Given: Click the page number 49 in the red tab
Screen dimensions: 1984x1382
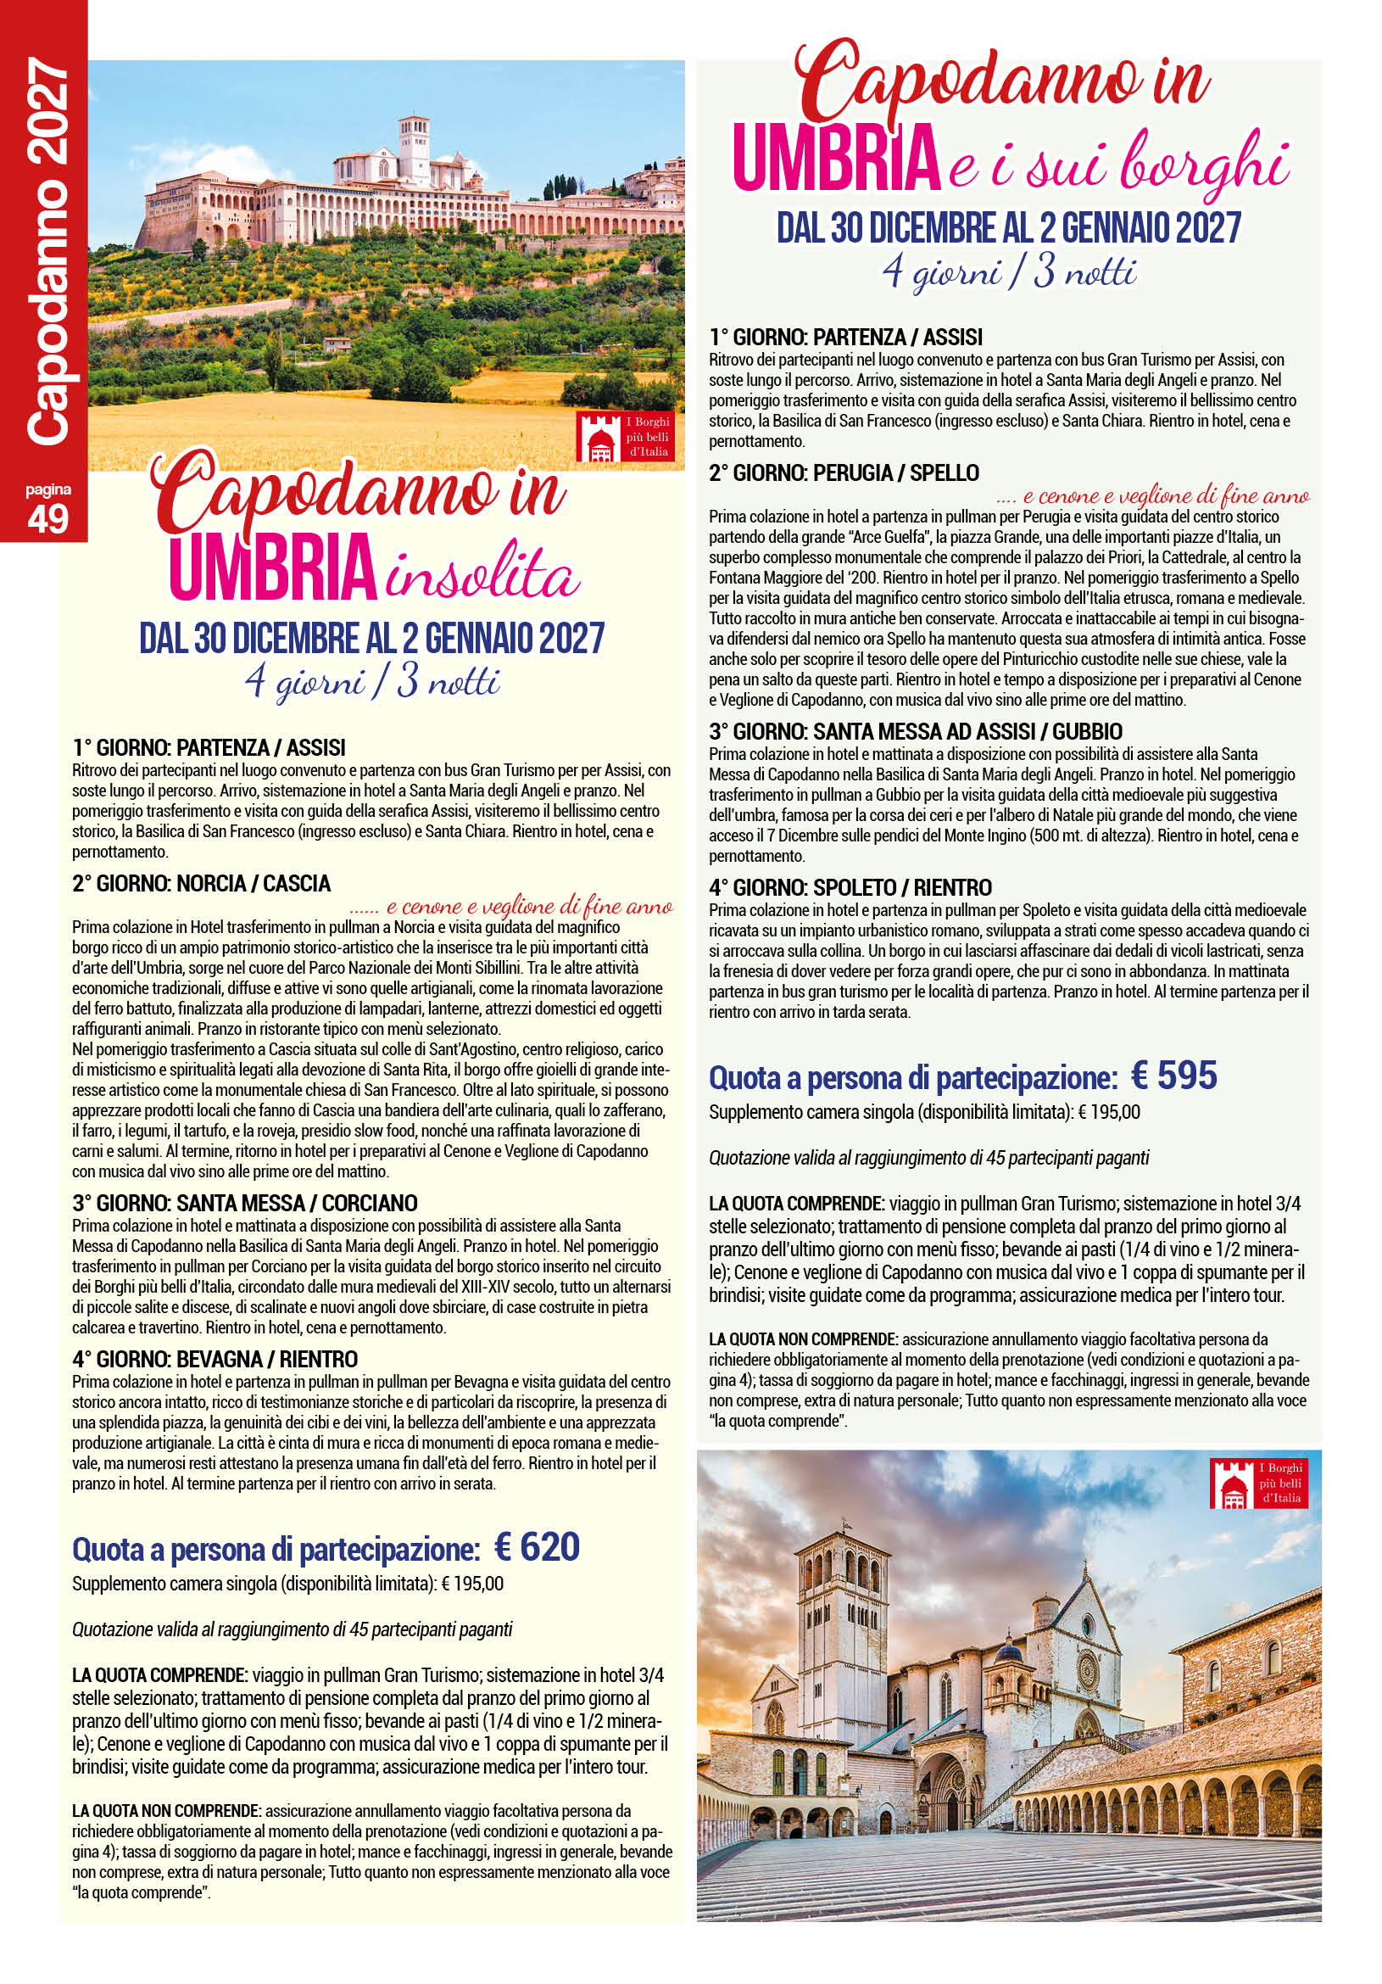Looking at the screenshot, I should click(x=47, y=518).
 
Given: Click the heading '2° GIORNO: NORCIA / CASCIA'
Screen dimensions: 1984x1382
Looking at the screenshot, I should click(x=201, y=883).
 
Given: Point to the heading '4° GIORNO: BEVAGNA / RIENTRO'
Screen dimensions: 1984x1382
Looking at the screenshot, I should click(x=215, y=1359).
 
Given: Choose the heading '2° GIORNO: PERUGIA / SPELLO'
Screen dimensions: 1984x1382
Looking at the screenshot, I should click(x=844, y=472).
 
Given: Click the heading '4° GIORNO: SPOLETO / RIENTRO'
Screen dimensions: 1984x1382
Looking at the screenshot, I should click(x=850, y=887).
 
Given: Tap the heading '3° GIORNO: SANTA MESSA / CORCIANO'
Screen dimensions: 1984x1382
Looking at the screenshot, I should click(x=244, y=1203).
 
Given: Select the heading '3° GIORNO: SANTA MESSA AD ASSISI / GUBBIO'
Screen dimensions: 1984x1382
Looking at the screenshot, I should click(x=916, y=731).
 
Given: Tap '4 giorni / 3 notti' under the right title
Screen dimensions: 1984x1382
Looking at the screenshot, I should click(x=1008, y=273).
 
